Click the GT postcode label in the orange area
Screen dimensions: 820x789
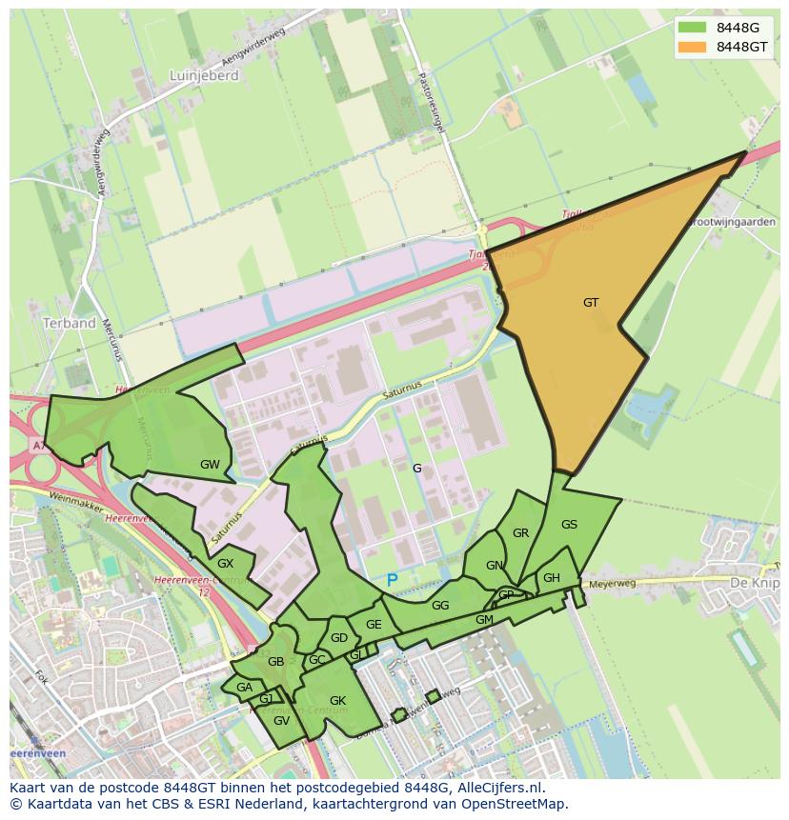click(591, 303)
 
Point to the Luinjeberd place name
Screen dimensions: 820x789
click(204, 75)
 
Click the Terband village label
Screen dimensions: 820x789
click(70, 323)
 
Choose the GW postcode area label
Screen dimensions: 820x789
click(210, 465)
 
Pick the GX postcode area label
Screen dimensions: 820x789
click(225, 564)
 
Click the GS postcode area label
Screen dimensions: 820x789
click(569, 525)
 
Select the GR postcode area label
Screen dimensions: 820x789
click(520, 533)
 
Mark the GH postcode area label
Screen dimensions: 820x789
click(552, 578)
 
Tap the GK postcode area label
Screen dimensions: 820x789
click(337, 701)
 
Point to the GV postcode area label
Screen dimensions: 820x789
click(281, 721)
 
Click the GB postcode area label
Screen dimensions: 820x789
click(275, 662)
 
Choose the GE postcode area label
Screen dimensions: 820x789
click(374, 625)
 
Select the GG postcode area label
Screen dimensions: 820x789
click(440, 606)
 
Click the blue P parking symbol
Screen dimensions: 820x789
click(392, 580)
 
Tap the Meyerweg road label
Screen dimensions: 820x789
click(612, 583)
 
